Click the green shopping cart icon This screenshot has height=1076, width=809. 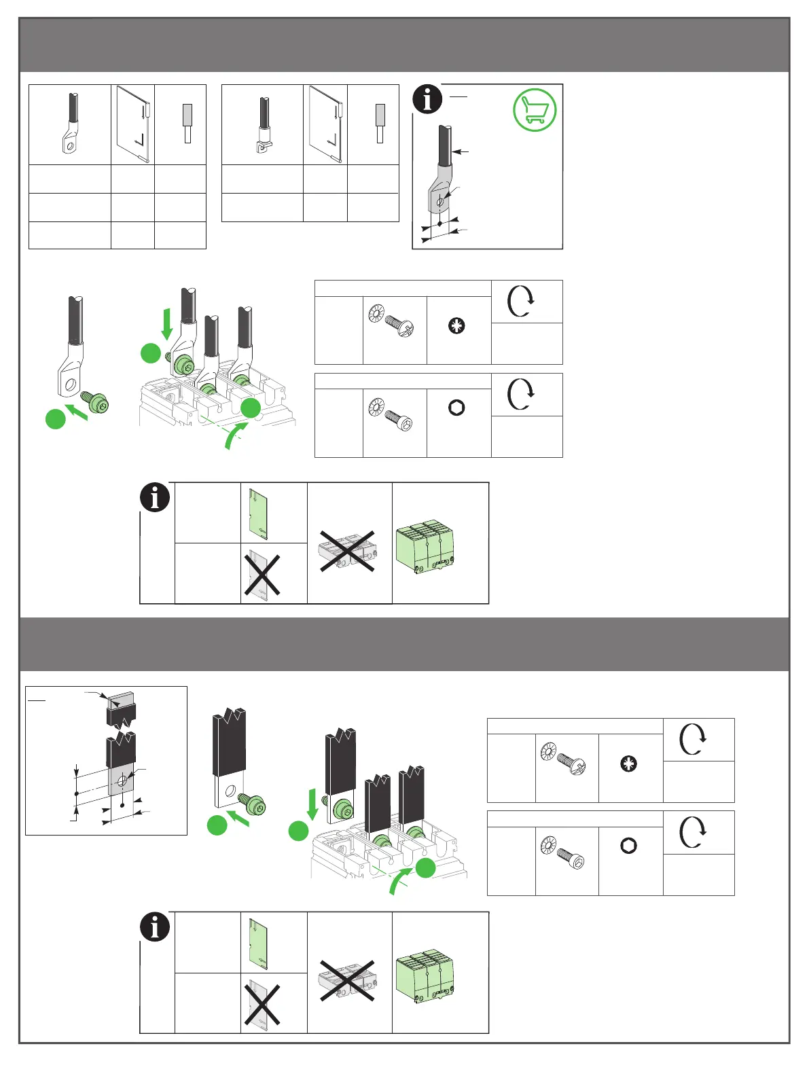click(535, 110)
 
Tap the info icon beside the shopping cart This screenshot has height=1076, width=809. click(427, 99)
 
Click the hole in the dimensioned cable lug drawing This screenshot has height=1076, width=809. click(440, 201)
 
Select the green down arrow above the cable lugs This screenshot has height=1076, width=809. click(166, 323)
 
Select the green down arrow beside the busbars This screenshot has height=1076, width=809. click(312, 803)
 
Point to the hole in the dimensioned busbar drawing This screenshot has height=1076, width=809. click(122, 782)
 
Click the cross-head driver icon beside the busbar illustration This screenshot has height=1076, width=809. click(629, 764)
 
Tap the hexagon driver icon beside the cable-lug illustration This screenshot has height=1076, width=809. click(456, 408)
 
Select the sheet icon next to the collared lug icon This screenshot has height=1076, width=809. click(325, 124)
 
